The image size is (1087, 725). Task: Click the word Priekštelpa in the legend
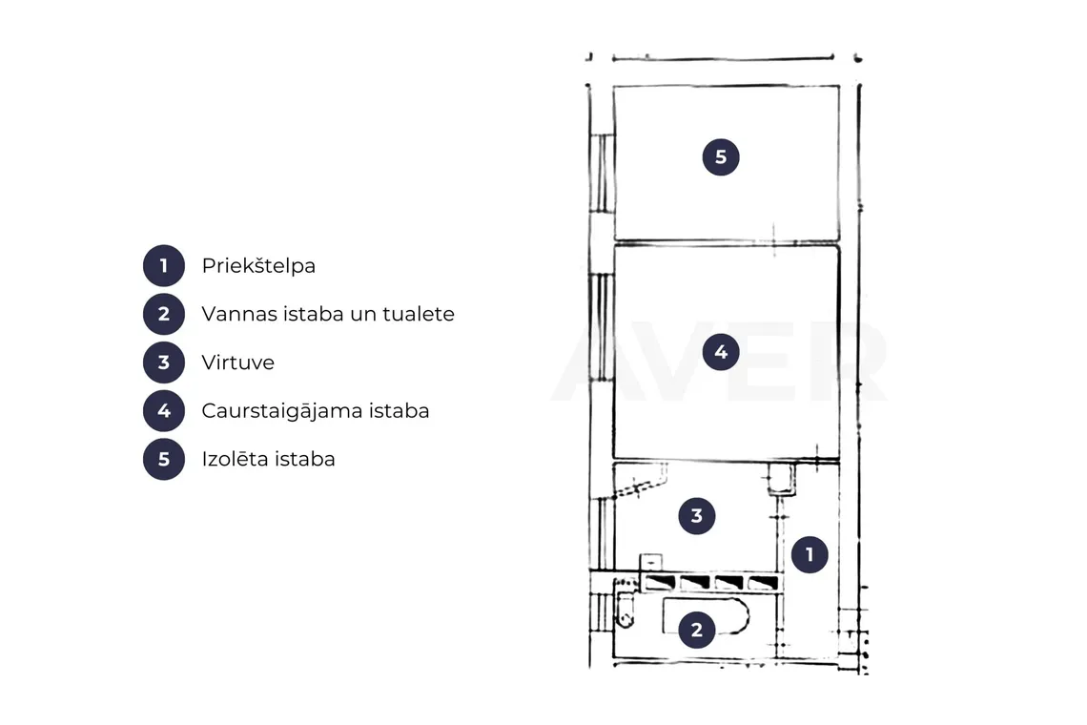(258, 266)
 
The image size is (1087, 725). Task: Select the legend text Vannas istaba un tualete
(328, 314)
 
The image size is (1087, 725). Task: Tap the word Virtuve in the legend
(237, 362)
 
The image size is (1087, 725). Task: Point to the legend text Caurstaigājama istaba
(316, 411)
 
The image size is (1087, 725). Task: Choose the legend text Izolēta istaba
(268, 459)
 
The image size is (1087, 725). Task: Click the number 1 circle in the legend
(164, 266)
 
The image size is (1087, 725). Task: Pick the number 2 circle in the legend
(164, 314)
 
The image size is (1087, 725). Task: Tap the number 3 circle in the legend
(164, 362)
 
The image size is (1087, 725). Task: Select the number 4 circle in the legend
(164, 411)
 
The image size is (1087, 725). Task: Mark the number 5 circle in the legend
(164, 459)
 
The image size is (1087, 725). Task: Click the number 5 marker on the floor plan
(721, 156)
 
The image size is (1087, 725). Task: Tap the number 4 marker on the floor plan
(721, 352)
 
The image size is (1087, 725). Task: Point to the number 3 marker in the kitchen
(697, 515)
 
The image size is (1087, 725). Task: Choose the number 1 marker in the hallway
(809, 554)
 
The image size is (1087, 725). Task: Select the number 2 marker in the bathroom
(697, 630)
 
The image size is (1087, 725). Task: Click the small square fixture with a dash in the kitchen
(650, 562)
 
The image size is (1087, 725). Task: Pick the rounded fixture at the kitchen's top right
(781, 480)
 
